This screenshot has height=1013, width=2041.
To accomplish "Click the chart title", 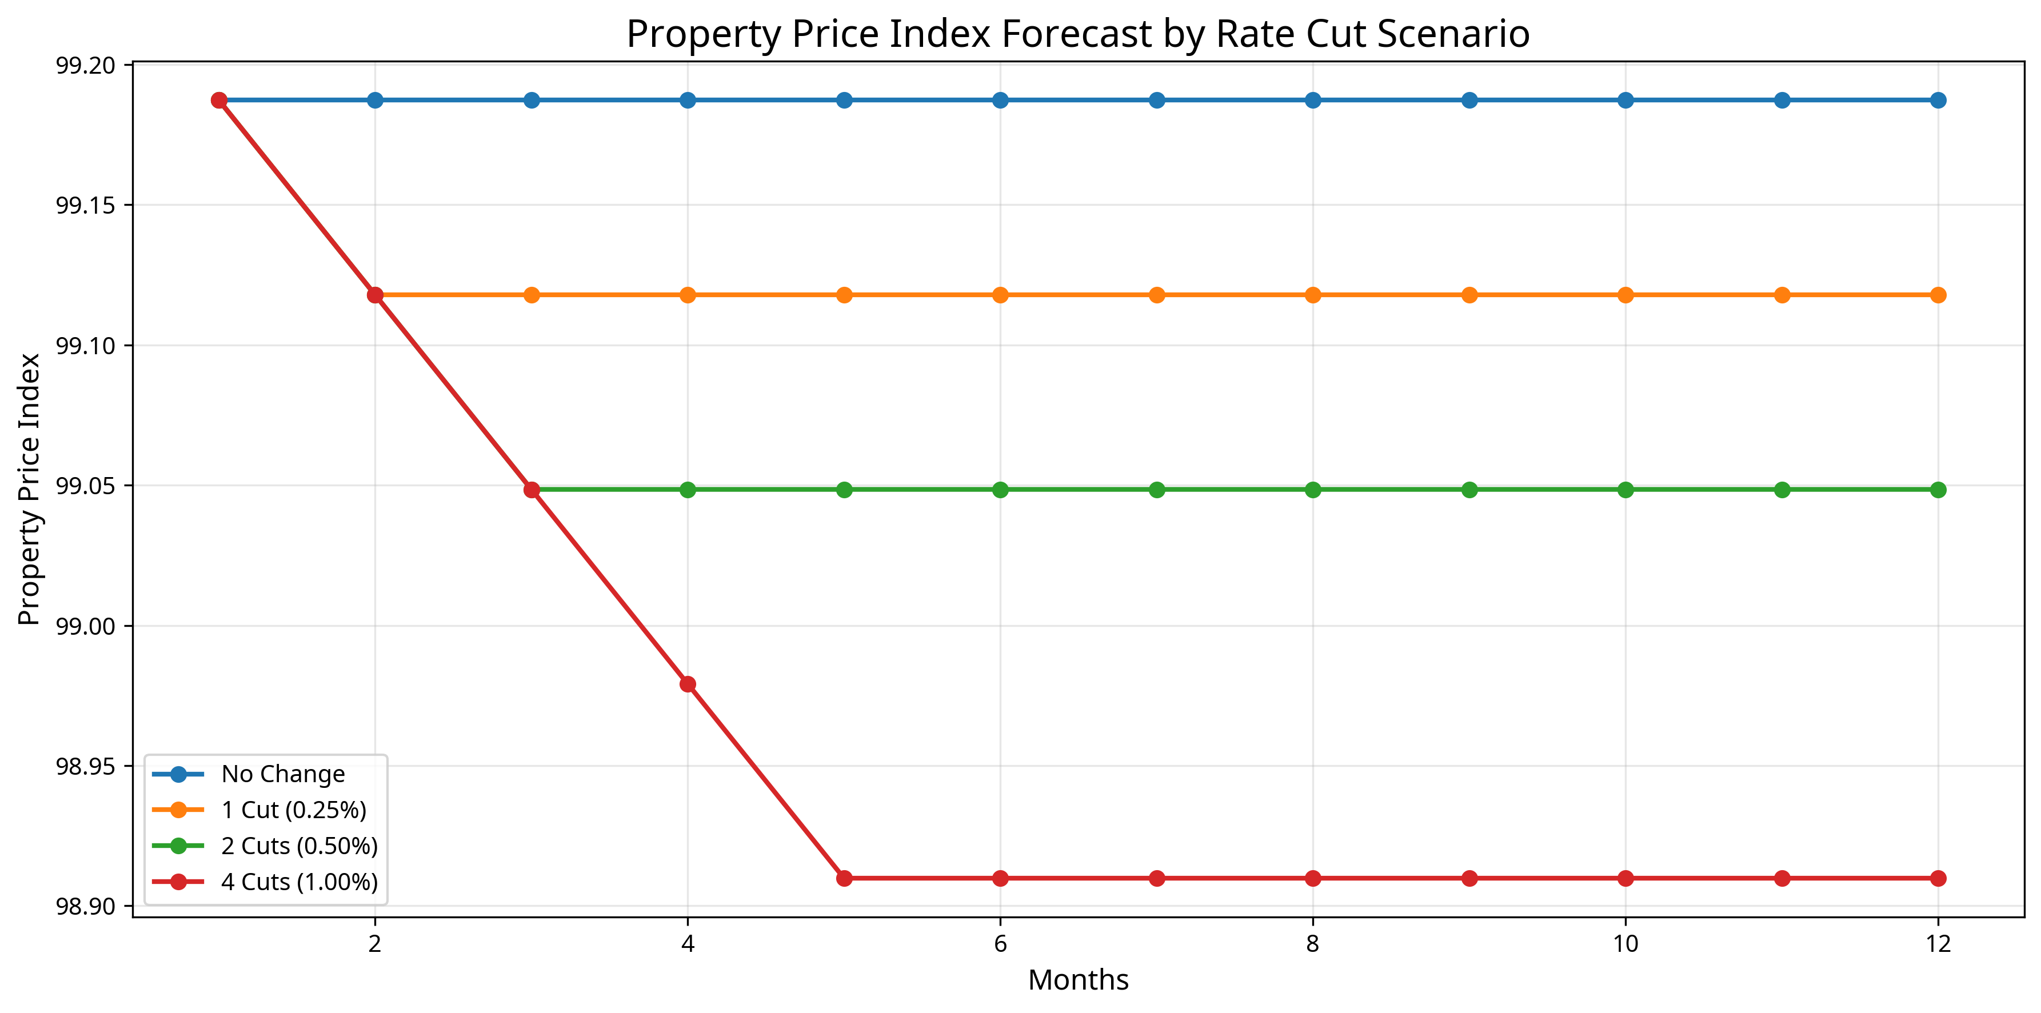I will click(x=1077, y=34).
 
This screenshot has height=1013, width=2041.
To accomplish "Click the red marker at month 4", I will click(x=688, y=683).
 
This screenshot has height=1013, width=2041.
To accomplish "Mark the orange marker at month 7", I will click(x=1157, y=295).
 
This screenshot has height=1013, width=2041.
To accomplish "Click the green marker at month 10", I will click(x=1625, y=490).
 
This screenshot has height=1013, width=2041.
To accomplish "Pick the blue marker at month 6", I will click(x=1001, y=100).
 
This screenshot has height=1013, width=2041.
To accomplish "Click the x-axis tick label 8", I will click(x=1313, y=943).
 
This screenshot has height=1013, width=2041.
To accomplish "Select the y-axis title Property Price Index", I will click(x=29, y=489).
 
